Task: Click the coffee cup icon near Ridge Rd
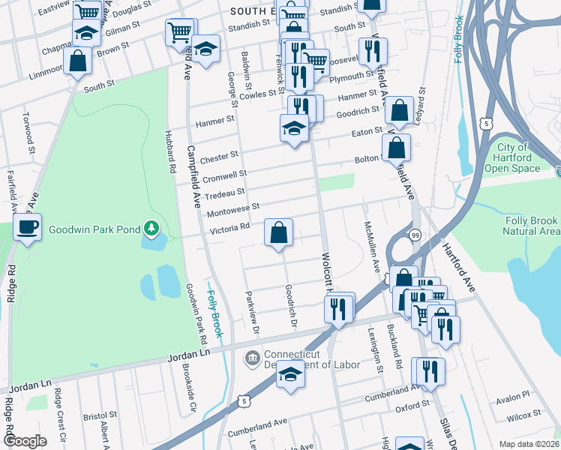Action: click(x=28, y=226)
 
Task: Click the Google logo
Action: click(x=25, y=441)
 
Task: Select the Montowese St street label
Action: click(x=233, y=208)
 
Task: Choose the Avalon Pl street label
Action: click(x=515, y=394)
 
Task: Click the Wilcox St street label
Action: click(x=522, y=414)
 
